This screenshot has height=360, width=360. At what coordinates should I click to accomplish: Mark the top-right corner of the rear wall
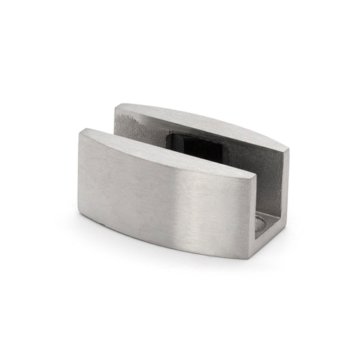click(x=287, y=148)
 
